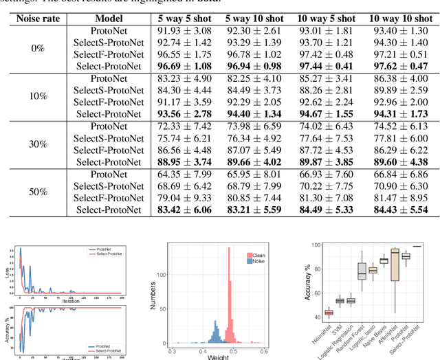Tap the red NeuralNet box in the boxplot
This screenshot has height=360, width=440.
[x=328, y=313]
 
